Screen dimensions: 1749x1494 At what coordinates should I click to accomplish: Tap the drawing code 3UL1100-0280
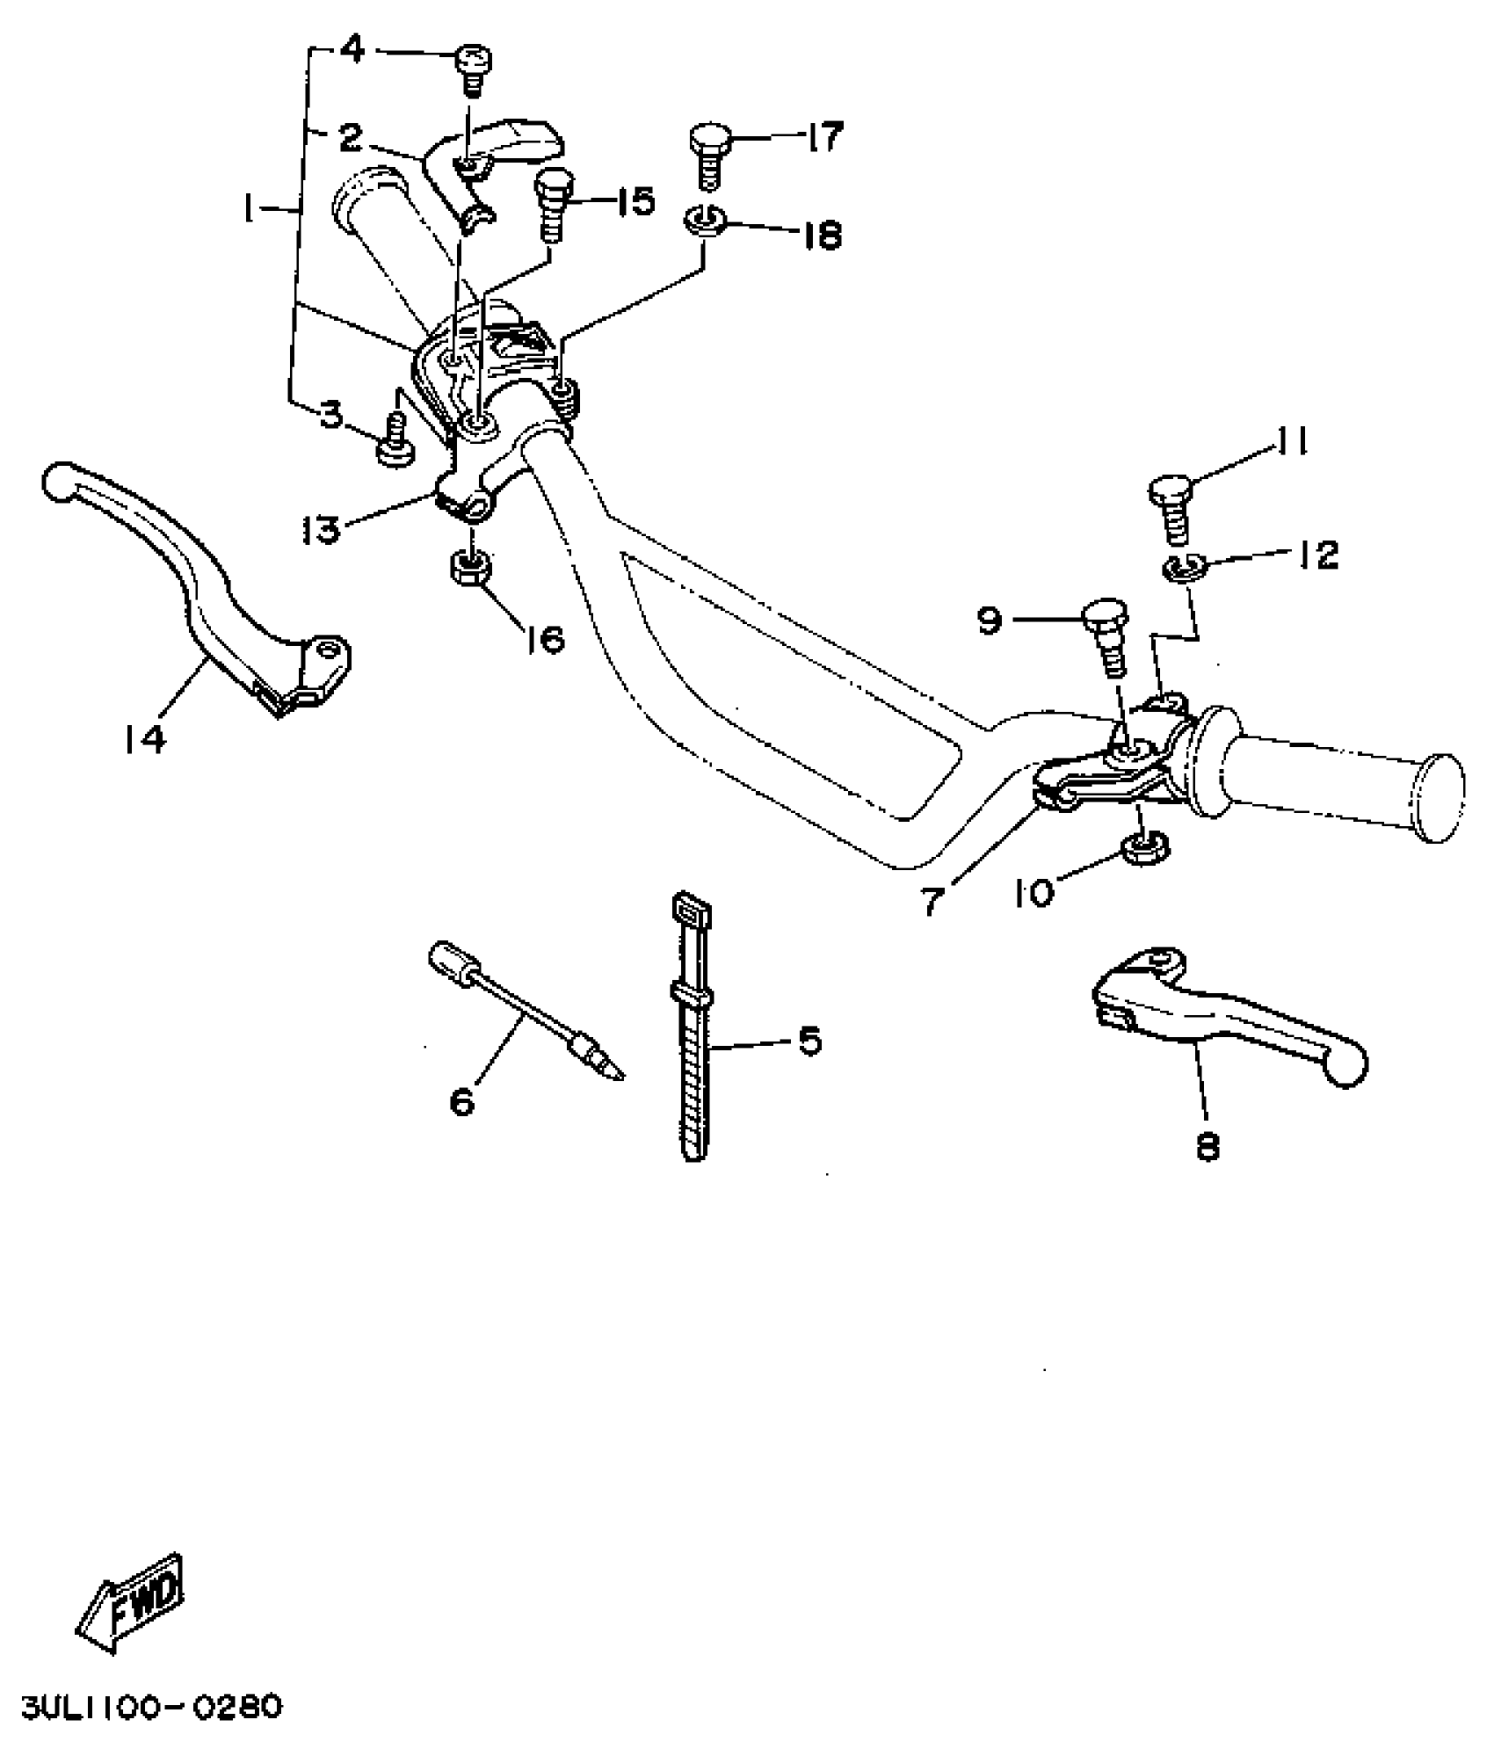[151, 1708]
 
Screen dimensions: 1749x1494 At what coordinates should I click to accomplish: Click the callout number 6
[462, 1099]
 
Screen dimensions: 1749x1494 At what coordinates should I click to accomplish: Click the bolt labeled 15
[553, 205]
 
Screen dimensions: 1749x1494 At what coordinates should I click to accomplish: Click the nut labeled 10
[1144, 848]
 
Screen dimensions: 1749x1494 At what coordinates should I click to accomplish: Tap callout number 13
[320, 529]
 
